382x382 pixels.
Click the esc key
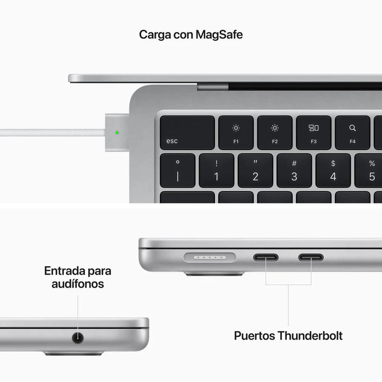click(x=187, y=132)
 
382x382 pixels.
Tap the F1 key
click(x=236, y=132)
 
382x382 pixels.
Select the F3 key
click(x=313, y=132)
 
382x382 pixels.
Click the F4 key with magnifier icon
click(x=352, y=132)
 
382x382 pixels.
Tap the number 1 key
click(x=216, y=170)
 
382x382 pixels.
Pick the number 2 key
click(x=255, y=170)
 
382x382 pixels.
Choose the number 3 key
click(x=294, y=170)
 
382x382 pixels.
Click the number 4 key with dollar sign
click(x=333, y=170)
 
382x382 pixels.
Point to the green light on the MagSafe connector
click(x=117, y=132)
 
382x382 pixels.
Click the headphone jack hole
click(x=77, y=338)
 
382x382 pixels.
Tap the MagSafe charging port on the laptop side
click(x=210, y=257)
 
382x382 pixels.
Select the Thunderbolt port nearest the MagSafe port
click(x=265, y=257)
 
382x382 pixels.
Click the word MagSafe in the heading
click(x=219, y=35)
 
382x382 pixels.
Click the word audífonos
click(x=77, y=284)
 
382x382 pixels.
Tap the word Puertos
click(x=254, y=336)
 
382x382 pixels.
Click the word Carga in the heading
click(x=153, y=35)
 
